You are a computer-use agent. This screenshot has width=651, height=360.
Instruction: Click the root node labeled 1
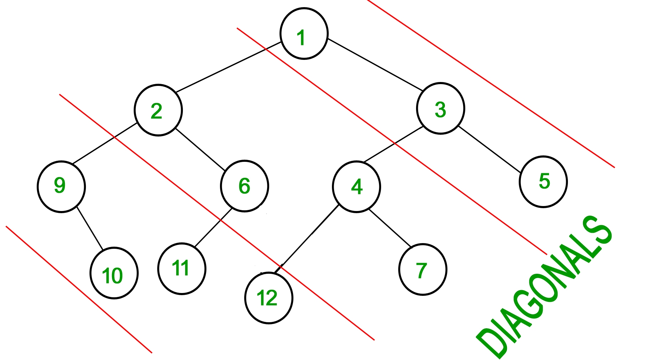(304, 34)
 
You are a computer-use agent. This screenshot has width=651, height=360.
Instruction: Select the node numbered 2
(158, 110)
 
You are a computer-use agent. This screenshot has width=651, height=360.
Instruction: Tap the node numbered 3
(440, 108)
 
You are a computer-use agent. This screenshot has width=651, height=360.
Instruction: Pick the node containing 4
(356, 186)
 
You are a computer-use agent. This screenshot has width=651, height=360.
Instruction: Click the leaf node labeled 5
(543, 181)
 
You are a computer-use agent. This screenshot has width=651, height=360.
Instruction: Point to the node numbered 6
(244, 186)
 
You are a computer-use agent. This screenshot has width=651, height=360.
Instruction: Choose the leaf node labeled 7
(422, 269)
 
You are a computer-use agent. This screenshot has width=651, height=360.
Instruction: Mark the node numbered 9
(61, 186)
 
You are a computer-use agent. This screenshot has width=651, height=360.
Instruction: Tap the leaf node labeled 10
(114, 273)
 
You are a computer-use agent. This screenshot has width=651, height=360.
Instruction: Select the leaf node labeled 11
(181, 268)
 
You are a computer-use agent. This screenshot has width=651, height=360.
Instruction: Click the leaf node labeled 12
(268, 298)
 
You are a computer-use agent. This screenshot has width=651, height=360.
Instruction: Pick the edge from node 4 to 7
(390, 227)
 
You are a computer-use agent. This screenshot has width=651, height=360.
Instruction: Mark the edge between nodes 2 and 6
(200, 149)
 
